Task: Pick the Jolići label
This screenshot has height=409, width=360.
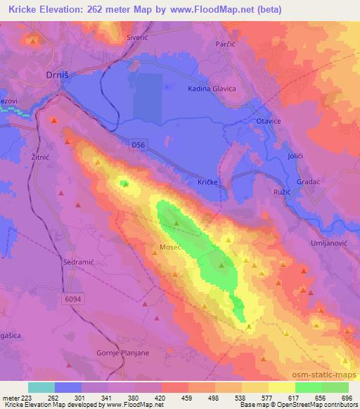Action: click(295, 154)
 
